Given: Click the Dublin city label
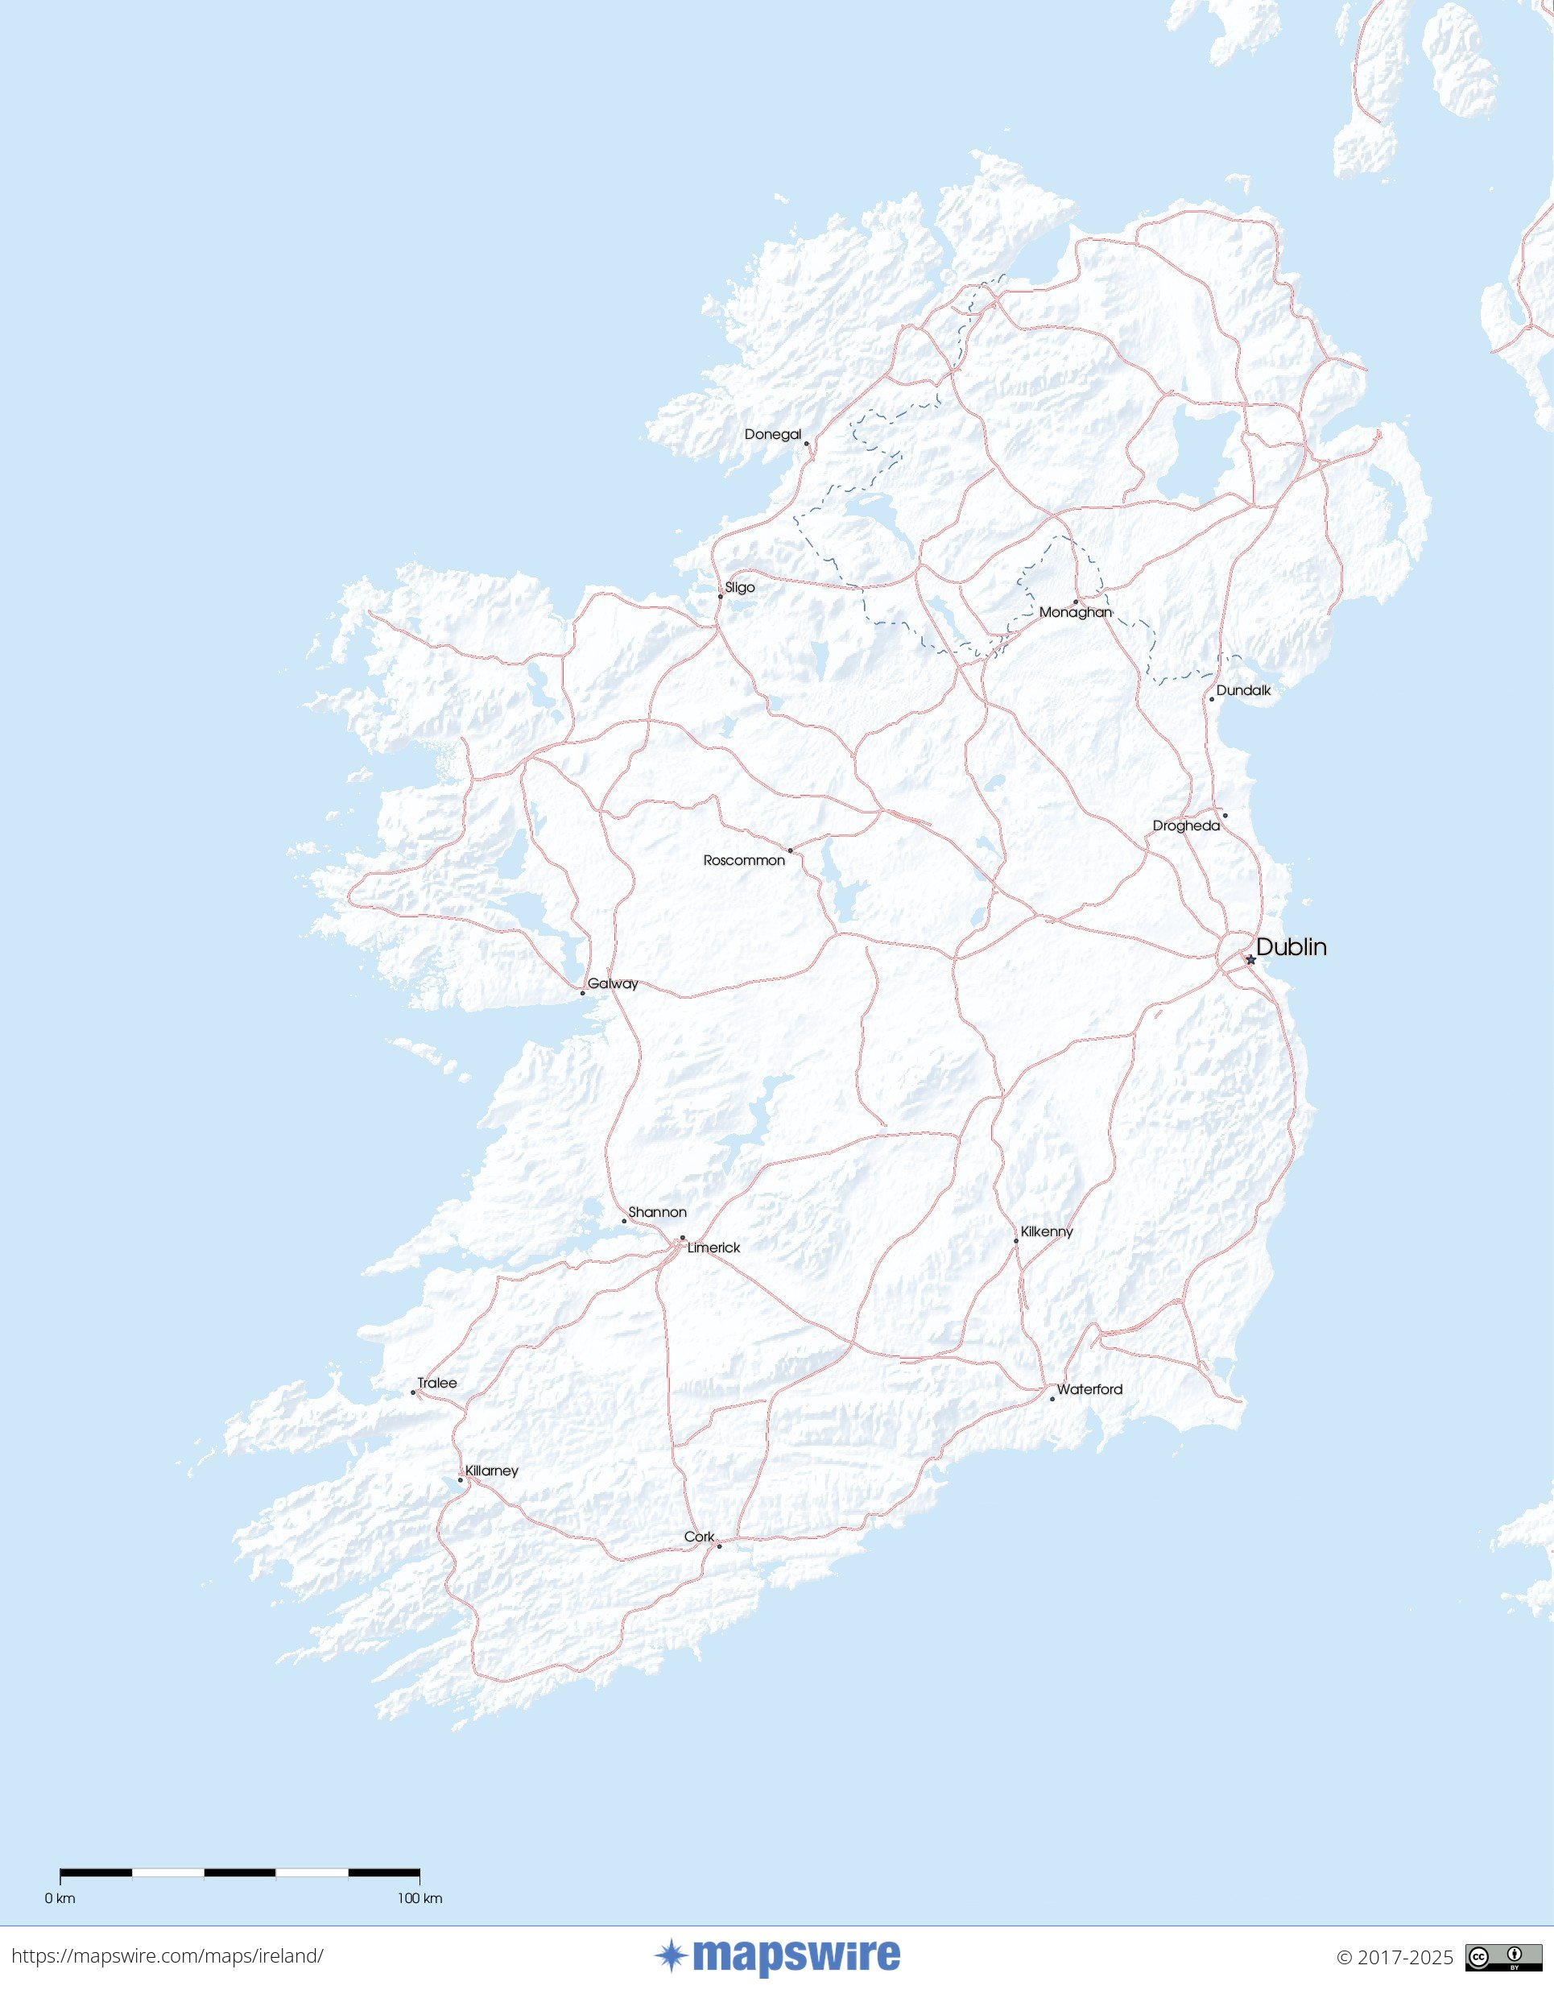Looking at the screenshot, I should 1291,947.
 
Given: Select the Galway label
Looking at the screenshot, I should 612,983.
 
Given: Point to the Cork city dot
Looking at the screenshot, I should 719,1546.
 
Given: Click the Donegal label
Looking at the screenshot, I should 772,434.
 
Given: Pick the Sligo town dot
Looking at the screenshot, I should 721,596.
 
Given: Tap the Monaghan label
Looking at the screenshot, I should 1075,612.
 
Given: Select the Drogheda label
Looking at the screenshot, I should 1185,825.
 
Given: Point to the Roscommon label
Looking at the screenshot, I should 743,860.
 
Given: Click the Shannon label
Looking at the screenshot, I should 657,1212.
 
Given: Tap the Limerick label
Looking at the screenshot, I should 713,1247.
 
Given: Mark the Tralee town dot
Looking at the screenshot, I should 412,1392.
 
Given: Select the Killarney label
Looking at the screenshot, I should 491,1471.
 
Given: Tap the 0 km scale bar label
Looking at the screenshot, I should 60,1898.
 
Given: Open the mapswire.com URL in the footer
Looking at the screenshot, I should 167,1956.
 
